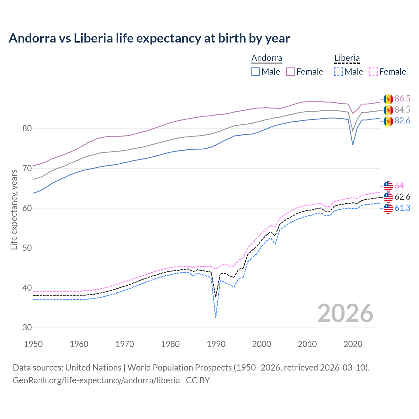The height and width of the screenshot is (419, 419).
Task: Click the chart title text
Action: [x=149, y=38]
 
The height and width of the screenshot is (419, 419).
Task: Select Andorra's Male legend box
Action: [x=256, y=72]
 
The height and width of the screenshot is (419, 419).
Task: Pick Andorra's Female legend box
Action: [x=290, y=72]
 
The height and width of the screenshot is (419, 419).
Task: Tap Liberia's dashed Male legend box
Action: [x=338, y=72]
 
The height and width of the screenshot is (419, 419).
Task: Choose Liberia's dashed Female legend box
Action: [x=373, y=72]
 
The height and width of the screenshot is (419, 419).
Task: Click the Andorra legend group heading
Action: [x=266, y=58]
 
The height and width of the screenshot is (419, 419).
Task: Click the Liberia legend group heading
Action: [x=347, y=58]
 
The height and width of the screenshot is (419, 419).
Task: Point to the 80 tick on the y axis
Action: [x=27, y=128]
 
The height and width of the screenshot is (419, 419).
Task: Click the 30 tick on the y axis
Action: [x=27, y=328]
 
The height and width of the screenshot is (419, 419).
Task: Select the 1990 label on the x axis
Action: [x=216, y=344]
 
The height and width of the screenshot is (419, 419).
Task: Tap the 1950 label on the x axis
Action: [x=34, y=344]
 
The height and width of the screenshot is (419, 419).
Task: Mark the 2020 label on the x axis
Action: [x=353, y=344]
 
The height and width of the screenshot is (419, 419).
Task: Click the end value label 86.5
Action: [x=402, y=99]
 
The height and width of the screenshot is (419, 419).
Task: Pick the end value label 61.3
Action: [x=402, y=208]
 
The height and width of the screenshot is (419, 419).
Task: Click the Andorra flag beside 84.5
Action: [x=388, y=110]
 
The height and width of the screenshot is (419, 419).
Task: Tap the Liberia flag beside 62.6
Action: [x=388, y=197]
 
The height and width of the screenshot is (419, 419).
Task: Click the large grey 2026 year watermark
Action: [x=345, y=313]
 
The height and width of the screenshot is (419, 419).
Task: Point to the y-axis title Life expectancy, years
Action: [x=14, y=209]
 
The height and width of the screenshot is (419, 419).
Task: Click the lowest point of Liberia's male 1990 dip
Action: [x=216, y=317]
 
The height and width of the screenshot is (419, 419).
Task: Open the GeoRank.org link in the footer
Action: [x=96, y=380]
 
